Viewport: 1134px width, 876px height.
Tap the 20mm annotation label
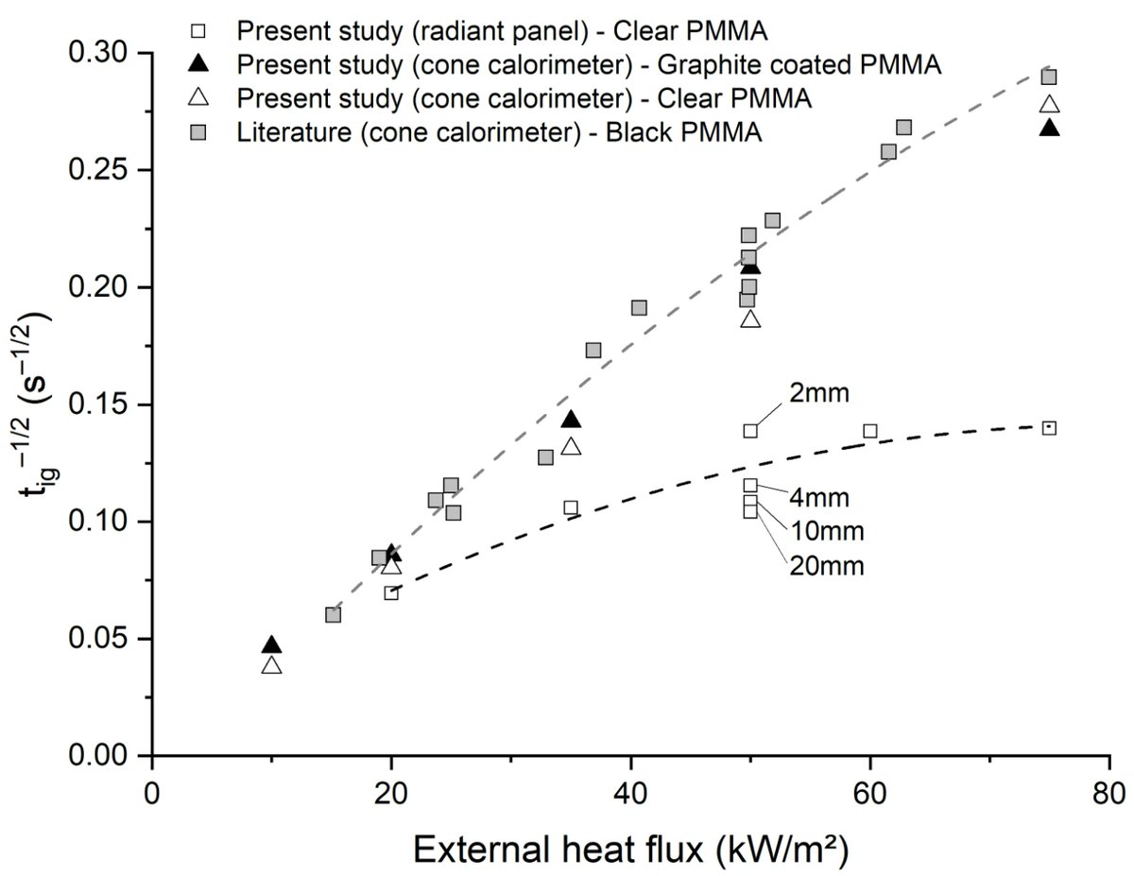[826, 566]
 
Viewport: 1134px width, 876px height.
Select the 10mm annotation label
[826, 530]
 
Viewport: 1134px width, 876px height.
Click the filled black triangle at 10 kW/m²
[272, 644]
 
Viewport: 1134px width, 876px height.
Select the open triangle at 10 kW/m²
[272, 665]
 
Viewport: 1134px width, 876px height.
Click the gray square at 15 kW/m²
[333, 615]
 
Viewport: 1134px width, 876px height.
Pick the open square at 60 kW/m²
[869, 431]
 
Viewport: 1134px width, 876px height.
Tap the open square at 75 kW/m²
[1049, 428]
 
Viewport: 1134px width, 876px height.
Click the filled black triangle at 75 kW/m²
[1049, 128]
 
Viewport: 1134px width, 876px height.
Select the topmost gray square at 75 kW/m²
[1049, 77]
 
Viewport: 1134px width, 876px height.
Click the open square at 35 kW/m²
[571, 507]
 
